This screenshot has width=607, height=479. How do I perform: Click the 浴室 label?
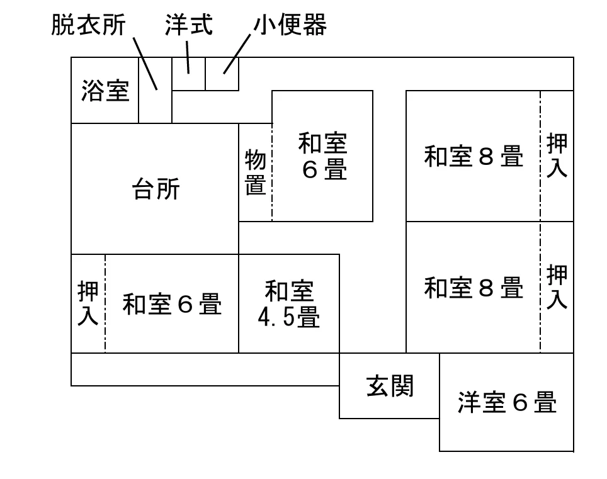point(105,91)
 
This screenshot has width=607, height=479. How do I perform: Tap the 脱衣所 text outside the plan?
point(89,25)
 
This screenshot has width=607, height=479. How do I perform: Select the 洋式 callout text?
point(189,25)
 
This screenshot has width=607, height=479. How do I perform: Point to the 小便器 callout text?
point(290,25)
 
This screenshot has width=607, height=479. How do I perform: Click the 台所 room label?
point(156,189)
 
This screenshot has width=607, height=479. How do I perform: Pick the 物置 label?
point(256,172)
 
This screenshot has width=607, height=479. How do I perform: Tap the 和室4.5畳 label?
point(289,304)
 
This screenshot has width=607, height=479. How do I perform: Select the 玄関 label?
point(390,386)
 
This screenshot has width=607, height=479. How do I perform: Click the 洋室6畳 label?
point(507,402)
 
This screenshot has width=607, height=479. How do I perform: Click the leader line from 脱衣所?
point(145,64)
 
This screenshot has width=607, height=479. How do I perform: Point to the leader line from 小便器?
point(237,54)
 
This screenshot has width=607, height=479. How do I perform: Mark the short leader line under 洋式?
point(188,57)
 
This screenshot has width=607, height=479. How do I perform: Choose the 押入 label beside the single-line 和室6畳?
point(88,303)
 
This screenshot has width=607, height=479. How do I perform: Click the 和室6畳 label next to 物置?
point(323,156)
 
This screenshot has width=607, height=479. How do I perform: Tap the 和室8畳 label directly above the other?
point(474,156)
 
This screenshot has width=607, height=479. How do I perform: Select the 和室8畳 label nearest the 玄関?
point(474,288)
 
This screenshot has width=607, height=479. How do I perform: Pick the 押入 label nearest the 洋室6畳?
point(557,286)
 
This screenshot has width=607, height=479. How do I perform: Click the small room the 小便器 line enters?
point(222,74)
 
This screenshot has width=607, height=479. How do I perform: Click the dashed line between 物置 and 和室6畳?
point(272,172)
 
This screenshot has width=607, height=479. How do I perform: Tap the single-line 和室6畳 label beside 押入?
point(173,304)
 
